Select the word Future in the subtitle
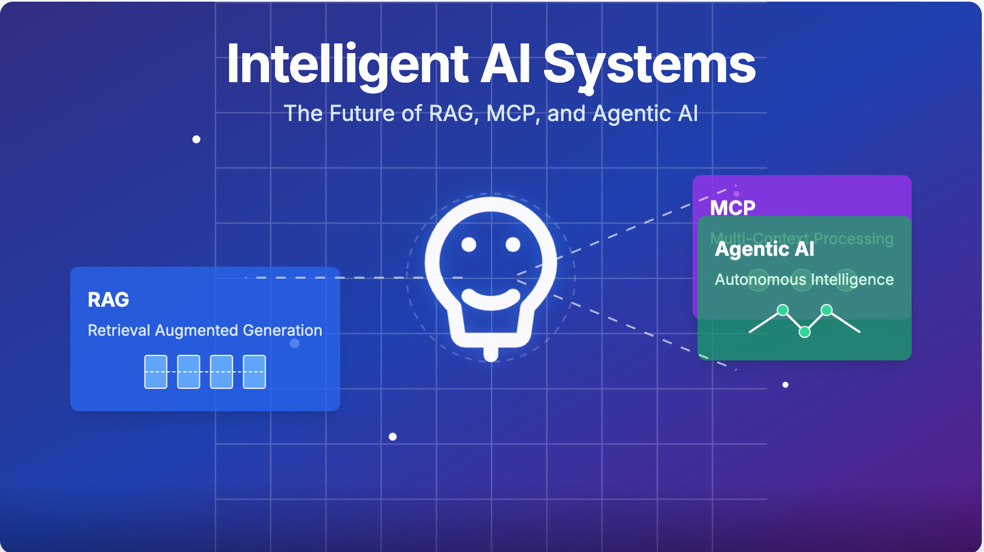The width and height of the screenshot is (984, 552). point(362,113)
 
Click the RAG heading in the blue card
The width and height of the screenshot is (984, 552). point(108,300)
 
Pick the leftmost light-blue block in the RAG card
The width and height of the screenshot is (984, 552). point(156,372)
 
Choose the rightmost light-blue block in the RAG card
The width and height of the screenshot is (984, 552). point(254,372)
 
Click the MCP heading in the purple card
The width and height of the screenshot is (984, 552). point(733,208)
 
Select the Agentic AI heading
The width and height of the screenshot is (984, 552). point(764,249)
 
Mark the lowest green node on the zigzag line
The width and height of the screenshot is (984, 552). point(804,331)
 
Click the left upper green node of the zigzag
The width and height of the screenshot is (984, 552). point(783,310)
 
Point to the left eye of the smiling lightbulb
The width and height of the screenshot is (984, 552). point(468,244)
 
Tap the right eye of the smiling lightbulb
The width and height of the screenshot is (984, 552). point(513,244)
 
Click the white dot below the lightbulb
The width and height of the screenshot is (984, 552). point(393,436)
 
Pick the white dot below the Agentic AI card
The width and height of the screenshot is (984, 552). point(785,384)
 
